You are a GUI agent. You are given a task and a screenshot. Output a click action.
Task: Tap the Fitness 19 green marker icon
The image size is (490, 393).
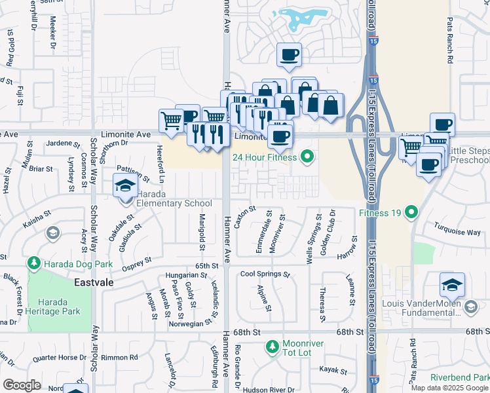[411, 212]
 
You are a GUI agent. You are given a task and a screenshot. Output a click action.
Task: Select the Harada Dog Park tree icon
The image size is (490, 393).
[33, 263]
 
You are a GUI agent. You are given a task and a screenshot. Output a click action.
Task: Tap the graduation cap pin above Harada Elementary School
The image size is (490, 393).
[125, 187]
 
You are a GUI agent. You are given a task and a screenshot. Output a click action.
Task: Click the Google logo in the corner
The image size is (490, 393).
[22, 384]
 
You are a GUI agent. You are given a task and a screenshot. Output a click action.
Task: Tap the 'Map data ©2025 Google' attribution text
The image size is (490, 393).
[449, 388]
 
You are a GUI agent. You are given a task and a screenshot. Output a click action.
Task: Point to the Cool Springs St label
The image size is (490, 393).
[265, 274]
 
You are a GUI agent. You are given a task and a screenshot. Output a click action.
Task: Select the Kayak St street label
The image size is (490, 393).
[333, 369]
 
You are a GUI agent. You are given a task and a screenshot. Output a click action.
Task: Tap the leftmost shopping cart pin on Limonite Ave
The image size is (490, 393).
[170, 121]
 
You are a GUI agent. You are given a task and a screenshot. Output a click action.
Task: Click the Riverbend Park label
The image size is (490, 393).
[460, 378]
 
